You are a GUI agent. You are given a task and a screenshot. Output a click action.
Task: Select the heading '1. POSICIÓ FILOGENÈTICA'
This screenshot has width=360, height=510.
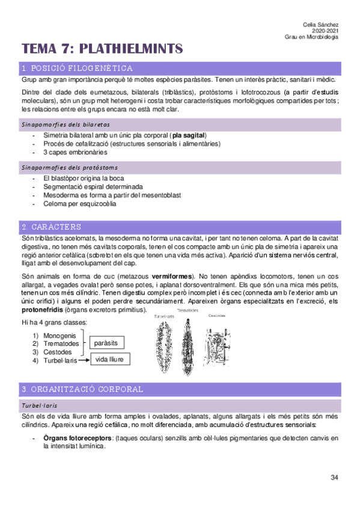point(77,68)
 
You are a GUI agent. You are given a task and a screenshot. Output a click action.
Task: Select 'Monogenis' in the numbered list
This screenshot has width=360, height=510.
point(59,335)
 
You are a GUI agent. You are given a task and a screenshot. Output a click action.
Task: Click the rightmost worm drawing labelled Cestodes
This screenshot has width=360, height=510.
point(216,340)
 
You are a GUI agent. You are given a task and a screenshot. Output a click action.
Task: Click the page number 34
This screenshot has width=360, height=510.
point(334,478)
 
